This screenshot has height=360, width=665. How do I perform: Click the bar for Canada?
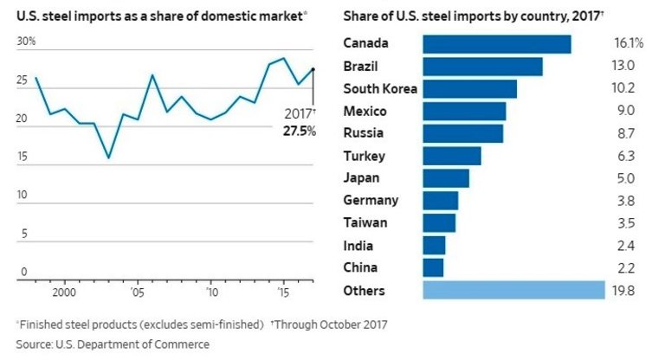coord(496,44)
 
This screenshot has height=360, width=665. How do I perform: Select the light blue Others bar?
coord(513,290)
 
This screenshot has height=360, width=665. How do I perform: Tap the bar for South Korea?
coord(469,89)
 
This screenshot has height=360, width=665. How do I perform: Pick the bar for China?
coord(433,267)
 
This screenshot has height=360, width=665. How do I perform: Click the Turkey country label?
coord(365,156)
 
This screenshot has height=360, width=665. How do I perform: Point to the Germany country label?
coord(371,201)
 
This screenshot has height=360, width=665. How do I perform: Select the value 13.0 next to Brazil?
coord(623,67)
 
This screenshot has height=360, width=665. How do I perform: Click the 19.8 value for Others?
coord(623,290)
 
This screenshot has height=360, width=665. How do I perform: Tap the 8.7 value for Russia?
coord(623,133)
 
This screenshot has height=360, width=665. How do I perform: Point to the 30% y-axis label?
coord(26,42)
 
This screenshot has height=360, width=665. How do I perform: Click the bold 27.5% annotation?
coord(299,131)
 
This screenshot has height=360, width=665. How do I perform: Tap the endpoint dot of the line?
coord(313,69)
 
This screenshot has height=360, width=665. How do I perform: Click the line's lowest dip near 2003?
coord(108,157)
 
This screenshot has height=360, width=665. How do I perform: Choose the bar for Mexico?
coord(464,111)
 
